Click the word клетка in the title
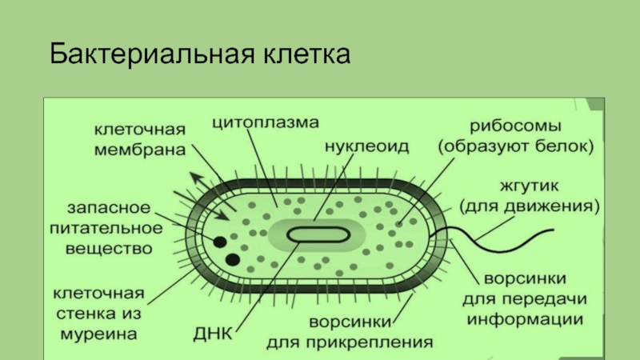[x=304, y=56]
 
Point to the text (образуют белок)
[x=514, y=147]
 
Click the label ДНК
[x=212, y=332]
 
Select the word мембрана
[x=138, y=149]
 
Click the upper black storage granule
[x=219, y=241]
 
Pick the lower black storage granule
[x=234, y=259]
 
